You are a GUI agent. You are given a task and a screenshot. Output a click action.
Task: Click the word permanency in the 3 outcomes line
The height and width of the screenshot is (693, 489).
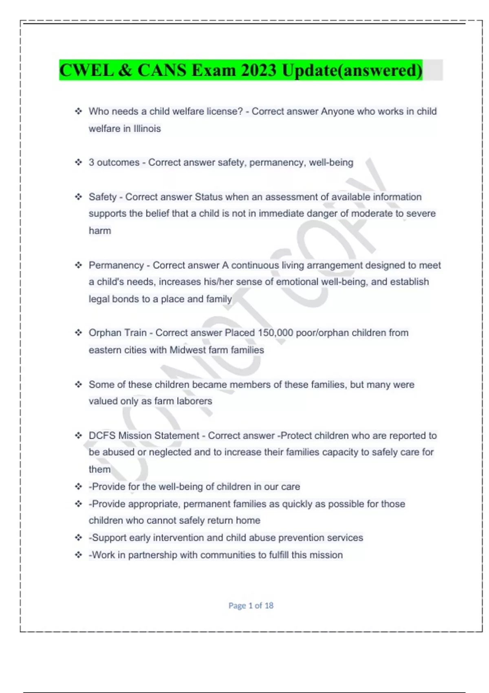[277, 162]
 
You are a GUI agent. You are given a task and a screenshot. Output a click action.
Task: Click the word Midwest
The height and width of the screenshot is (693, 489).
[187, 350]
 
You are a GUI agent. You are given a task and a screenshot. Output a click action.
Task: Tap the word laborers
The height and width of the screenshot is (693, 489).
[194, 401]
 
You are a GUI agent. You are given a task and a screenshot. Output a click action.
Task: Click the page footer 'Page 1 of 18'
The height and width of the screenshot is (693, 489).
[251, 605]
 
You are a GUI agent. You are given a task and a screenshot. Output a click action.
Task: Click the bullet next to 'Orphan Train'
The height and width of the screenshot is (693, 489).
[78, 333]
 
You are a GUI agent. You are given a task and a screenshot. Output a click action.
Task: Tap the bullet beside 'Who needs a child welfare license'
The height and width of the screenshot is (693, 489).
[78, 111]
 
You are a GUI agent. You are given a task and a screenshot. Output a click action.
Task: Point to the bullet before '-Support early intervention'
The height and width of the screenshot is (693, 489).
[78, 538]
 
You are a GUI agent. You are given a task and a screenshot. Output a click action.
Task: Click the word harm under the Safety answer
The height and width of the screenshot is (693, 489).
[100, 230]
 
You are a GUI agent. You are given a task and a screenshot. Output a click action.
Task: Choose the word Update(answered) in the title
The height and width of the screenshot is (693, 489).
[352, 70]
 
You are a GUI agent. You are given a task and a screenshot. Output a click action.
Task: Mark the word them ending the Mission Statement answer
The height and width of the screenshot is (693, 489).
[99, 469]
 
